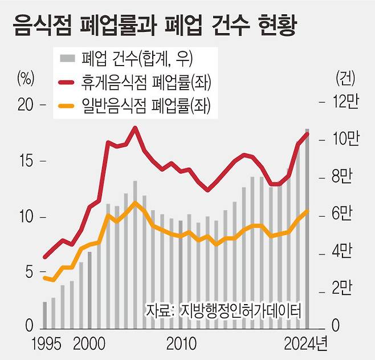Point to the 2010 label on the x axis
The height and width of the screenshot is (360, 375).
tap(181, 344)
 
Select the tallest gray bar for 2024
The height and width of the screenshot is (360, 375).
tap(308, 228)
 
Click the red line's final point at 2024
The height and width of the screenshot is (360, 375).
tap(308, 134)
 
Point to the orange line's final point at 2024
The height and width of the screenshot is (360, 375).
tap(308, 211)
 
